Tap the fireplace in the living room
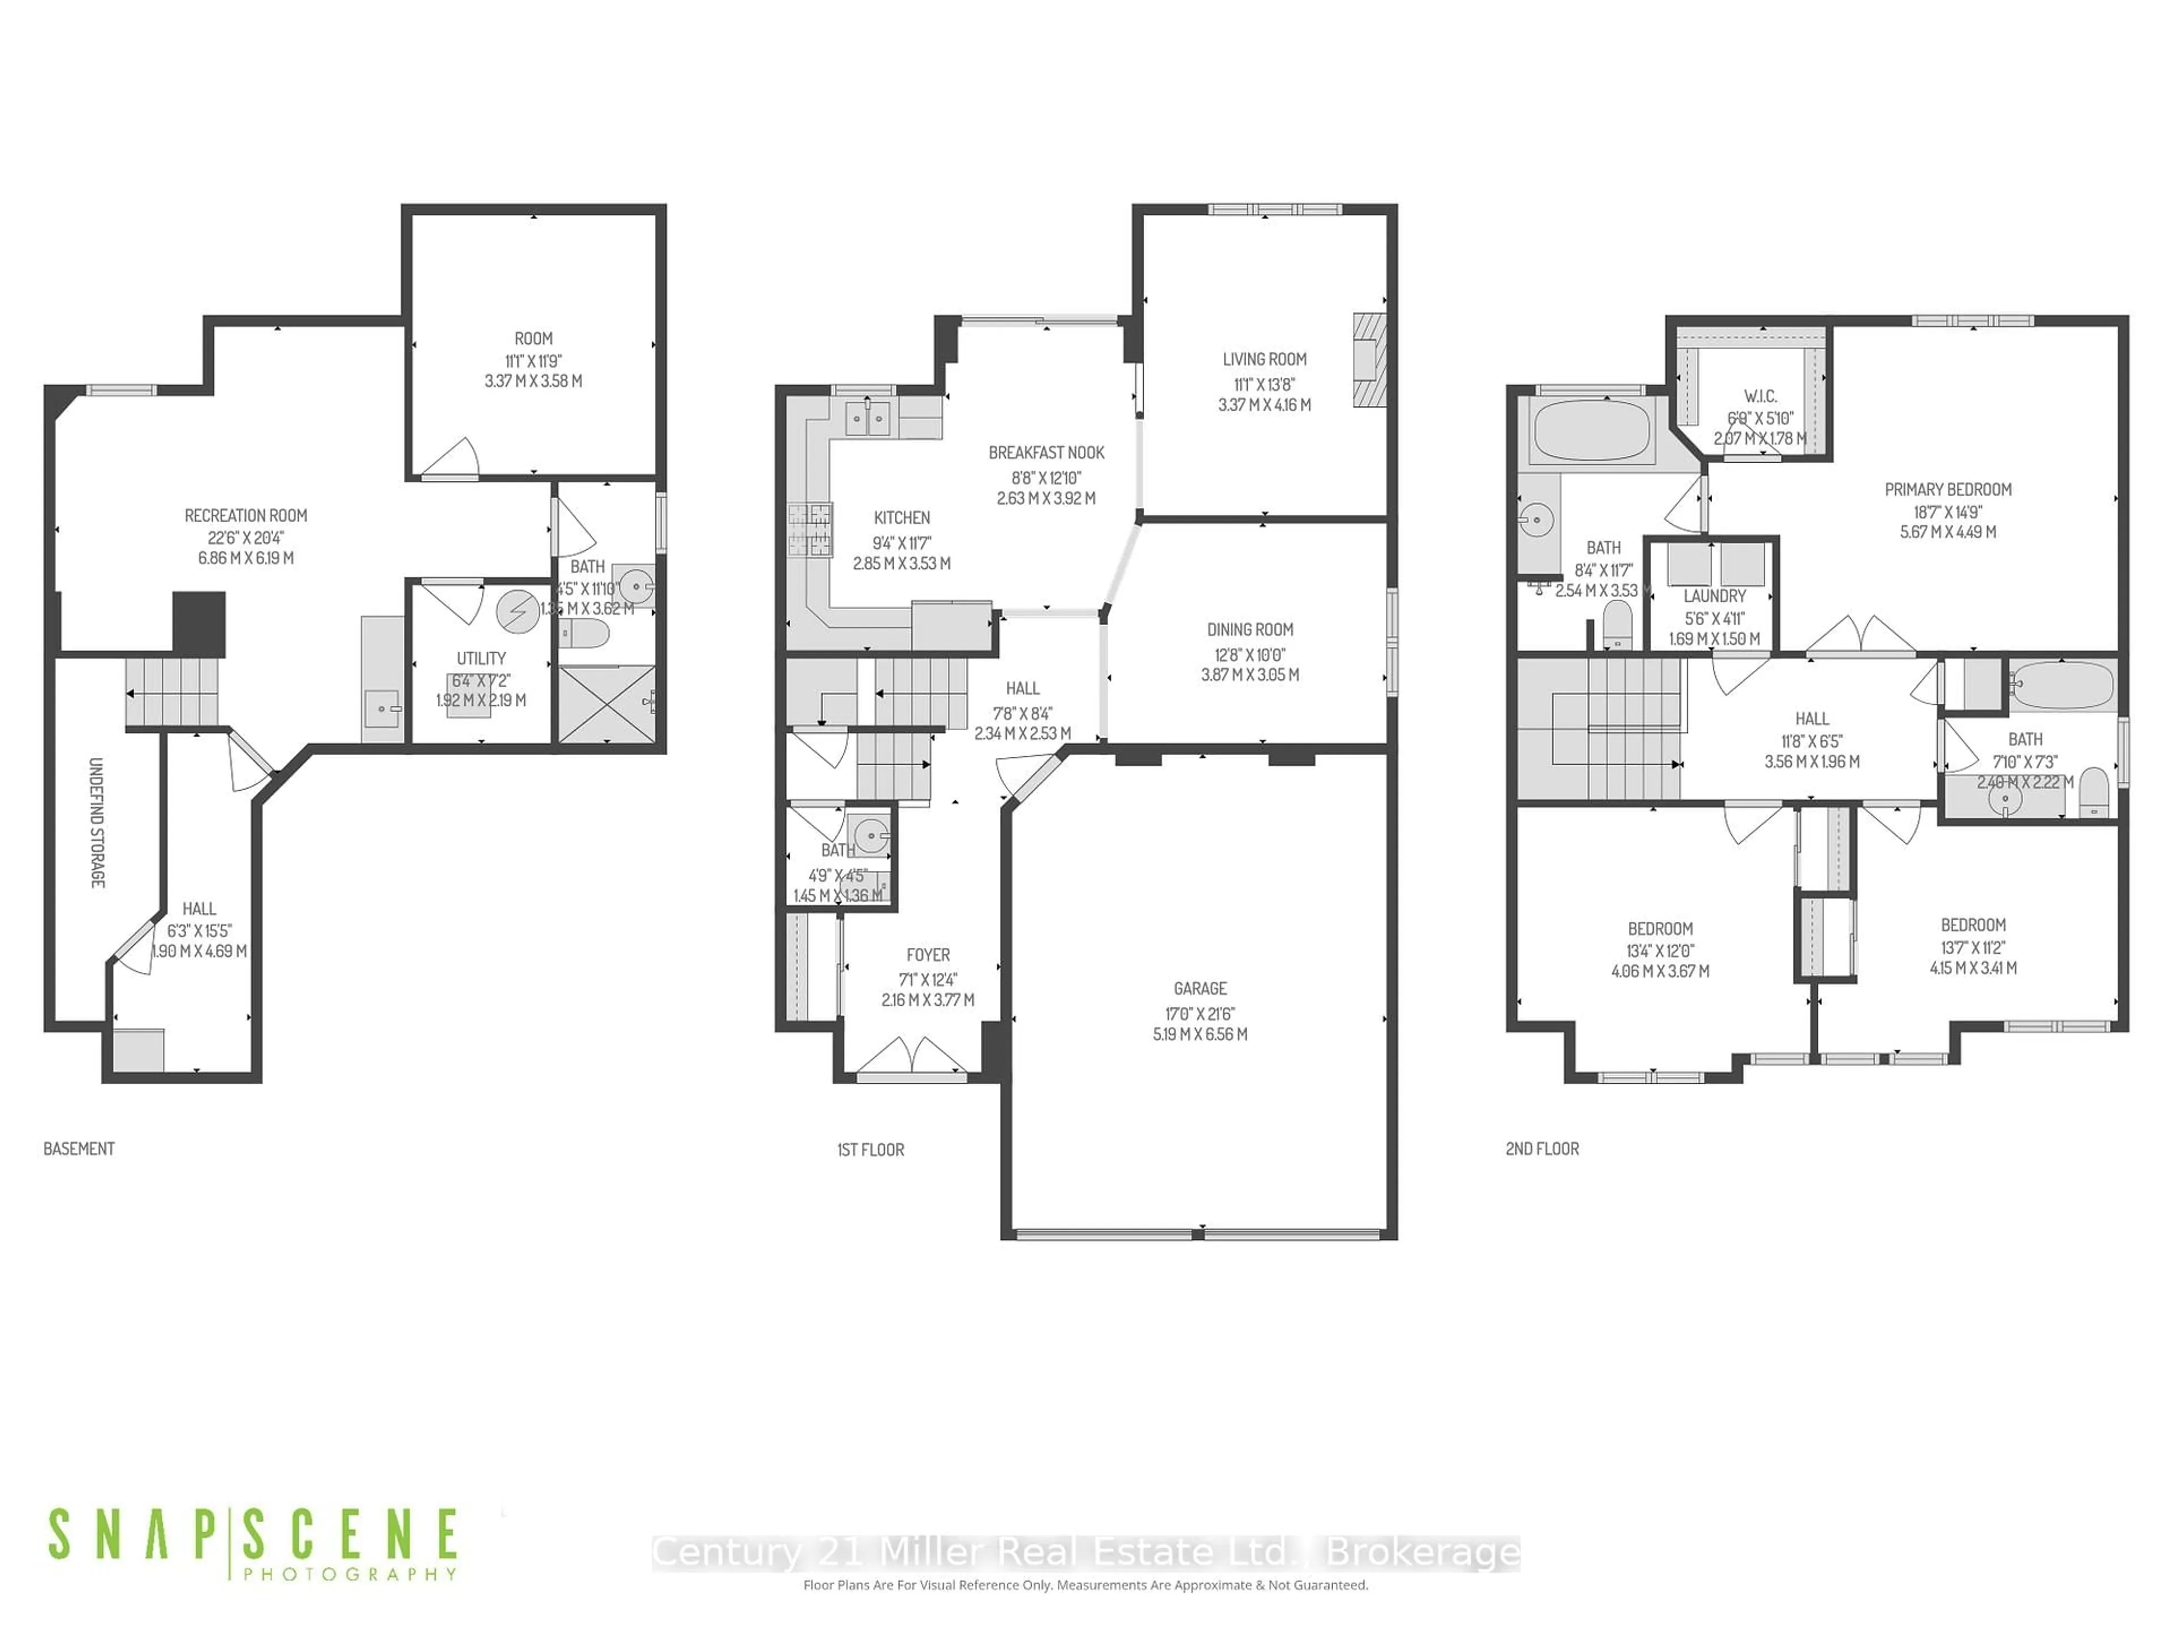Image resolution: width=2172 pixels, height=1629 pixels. tap(1370, 360)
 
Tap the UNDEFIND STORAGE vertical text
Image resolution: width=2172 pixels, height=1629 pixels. tap(96, 823)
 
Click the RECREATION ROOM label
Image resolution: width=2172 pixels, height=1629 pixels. tap(245, 515)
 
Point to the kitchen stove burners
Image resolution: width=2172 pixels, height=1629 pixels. tap(810, 530)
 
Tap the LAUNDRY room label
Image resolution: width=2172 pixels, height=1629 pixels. tap(1714, 596)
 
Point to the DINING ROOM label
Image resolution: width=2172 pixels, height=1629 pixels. tap(1250, 630)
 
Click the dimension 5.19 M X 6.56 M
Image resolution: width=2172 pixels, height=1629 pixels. tap(1200, 1034)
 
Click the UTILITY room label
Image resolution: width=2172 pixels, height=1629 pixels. tap(481, 658)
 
